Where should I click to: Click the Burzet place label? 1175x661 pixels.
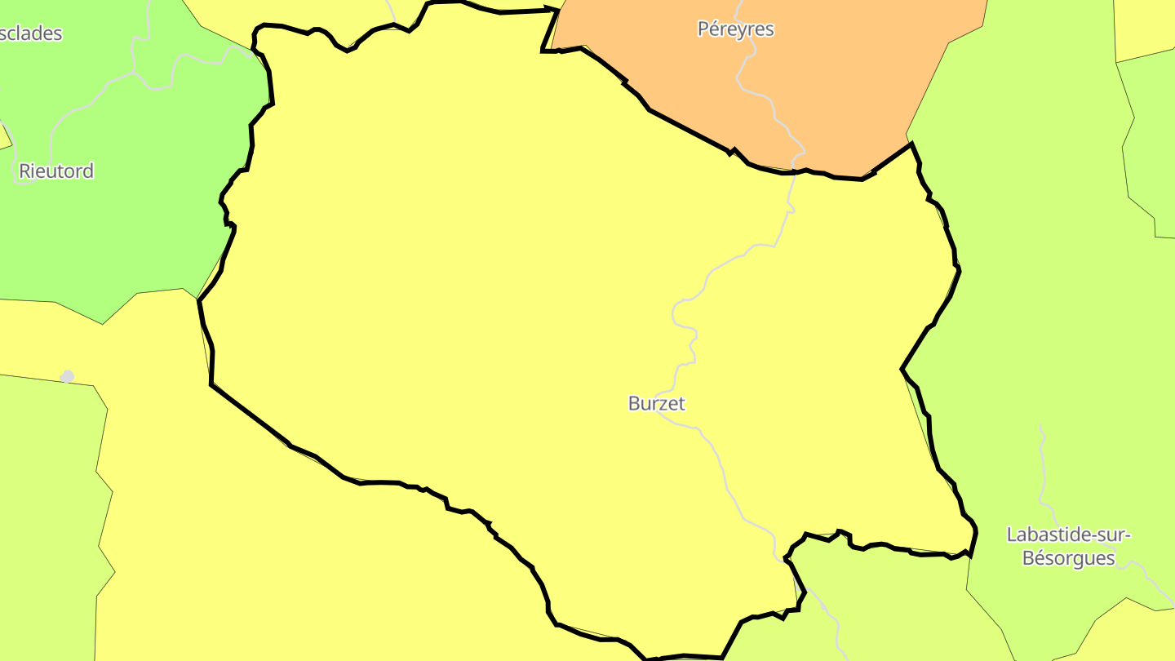pyautogui.click(x=657, y=403)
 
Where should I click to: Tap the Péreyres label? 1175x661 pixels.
pyautogui.click(x=735, y=29)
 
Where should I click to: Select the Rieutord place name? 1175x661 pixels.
pyautogui.click(x=56, y=171)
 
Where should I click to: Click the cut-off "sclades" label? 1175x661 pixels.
pyautogui.click(x=31, y=34)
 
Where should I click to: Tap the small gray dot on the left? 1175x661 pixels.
pyautogui.click(x=68, y=376)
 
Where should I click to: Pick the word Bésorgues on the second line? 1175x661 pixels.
pyautogui.click(x=1068, y=559)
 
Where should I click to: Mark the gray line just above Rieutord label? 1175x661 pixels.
pyautogui.click(x=52, y=139)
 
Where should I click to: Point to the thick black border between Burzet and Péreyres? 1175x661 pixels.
pyautogui.click(x=685, y=129)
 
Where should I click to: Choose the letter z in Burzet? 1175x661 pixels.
pyautogui.click(x=660, y=404)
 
